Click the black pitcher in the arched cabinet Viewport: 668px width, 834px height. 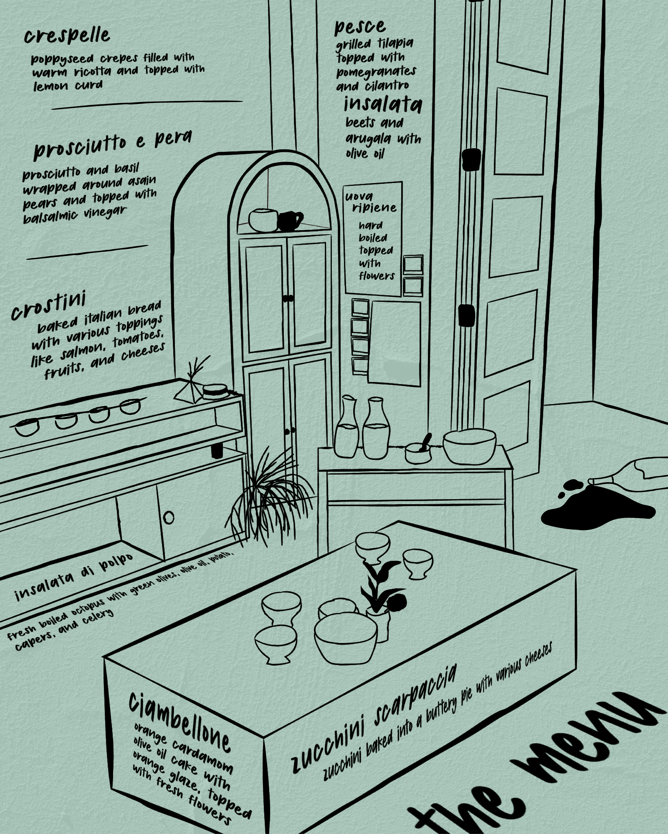[290, 220]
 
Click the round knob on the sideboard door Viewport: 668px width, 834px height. [169, 517]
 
